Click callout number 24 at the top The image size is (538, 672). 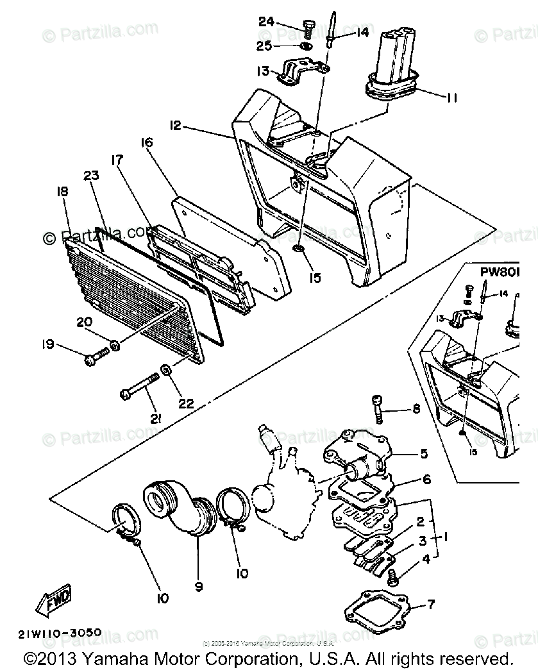(266, 22)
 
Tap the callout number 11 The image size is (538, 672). (452, 97)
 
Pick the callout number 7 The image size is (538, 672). (430, 604)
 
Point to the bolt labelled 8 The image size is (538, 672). (378, 408)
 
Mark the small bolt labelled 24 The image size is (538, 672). (307, 28)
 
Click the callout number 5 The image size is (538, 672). (423, 454)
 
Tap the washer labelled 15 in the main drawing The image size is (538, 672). (299, 248)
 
